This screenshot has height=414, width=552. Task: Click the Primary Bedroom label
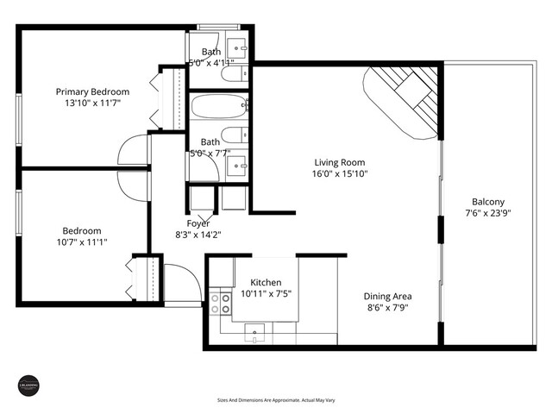click(92, 91)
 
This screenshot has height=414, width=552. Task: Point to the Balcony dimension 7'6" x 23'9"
click(488, 213)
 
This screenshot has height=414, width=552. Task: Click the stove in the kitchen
click(221, 302)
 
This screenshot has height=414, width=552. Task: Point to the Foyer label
click(198, 223)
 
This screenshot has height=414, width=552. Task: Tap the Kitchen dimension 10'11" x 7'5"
click(271, 293)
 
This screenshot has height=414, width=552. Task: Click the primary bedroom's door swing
click(134, 150)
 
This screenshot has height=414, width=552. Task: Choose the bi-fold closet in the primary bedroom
click(168, 97)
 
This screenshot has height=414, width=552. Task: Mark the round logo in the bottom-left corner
click(28, 386)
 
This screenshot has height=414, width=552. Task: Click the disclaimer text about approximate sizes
click(275, 401)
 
